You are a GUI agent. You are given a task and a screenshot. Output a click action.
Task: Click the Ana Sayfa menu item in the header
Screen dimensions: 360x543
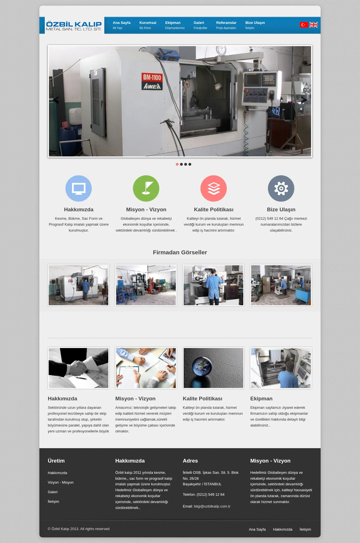click(x=121, y=25)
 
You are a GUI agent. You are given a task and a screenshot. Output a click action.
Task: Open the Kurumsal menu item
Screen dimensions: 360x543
click(x=148, y=25)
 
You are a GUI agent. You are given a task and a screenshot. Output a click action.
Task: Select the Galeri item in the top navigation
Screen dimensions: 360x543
click(x=200, y=25)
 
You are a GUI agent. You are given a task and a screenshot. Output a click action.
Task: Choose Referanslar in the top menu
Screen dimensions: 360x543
click(x=226, y=25)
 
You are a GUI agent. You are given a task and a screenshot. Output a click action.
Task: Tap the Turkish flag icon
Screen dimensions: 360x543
click(x=304, y=25)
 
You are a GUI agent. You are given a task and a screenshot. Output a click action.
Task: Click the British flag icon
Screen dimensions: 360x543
click(x=314, y=25)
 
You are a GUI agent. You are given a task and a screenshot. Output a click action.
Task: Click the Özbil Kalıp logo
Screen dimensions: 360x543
click(x=74, y=26)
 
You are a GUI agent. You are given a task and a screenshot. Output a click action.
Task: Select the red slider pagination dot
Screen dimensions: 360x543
click(x=177, y=164)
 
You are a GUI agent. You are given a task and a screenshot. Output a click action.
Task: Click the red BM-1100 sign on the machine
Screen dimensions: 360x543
click(x=152, y=81)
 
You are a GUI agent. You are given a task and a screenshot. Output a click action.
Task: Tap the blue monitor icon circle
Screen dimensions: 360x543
click(x=79, y=189)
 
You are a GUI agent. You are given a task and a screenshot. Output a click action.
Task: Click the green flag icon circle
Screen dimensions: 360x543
click(x=146, y=189)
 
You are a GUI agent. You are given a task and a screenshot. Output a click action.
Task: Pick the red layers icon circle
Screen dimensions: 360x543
click(x=214, y=189)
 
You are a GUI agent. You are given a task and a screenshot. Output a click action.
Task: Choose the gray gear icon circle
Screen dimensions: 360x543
click(x=281, y=189)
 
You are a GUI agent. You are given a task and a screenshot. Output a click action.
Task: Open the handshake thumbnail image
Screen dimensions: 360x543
click(x=78, y=368)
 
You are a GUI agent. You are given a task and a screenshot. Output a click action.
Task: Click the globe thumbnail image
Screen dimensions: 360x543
click(x=213, y=368)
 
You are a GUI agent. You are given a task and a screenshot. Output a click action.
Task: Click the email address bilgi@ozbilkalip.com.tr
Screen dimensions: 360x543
click(x=212, y=506)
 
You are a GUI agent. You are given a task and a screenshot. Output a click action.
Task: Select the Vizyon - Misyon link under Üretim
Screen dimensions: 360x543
click(x=61, y=483)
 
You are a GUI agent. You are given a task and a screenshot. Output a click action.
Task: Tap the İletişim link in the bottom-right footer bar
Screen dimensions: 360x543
click(x=305, y=529)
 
